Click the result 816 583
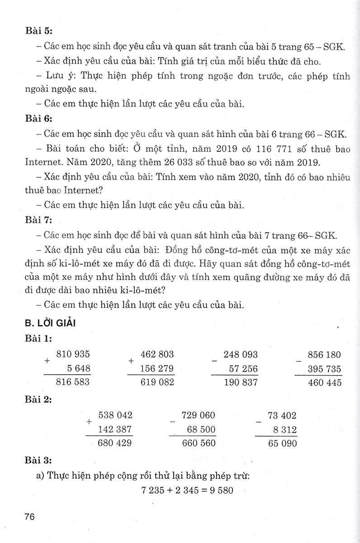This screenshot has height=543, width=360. click(x=73, y=382)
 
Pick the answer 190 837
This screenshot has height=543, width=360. click(x=241, y=382)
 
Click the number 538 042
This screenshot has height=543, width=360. click(x=115, y=415)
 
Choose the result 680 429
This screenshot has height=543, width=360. click(x=115, y=443)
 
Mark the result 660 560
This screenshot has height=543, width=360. click(x=199, y=443)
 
